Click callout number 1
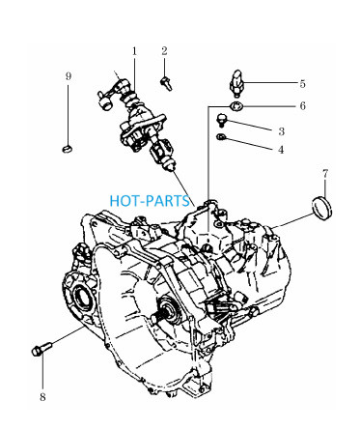[134, 51]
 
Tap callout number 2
[164, 51]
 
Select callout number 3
[282, 131]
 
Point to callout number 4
[281, 150]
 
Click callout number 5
[302, 84]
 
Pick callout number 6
[302, 106]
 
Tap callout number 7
[325, 174]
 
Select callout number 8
[42, 397]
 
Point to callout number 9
[69, 76]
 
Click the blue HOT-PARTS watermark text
[150, 201]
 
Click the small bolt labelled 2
[166, 83]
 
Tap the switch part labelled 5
[236, 82]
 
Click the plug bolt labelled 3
[222, 120]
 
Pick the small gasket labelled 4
[221, 137]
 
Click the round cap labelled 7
[322, 208]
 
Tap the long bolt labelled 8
[42, 349]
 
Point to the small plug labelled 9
[67, 149]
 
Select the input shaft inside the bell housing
[166, 313]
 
